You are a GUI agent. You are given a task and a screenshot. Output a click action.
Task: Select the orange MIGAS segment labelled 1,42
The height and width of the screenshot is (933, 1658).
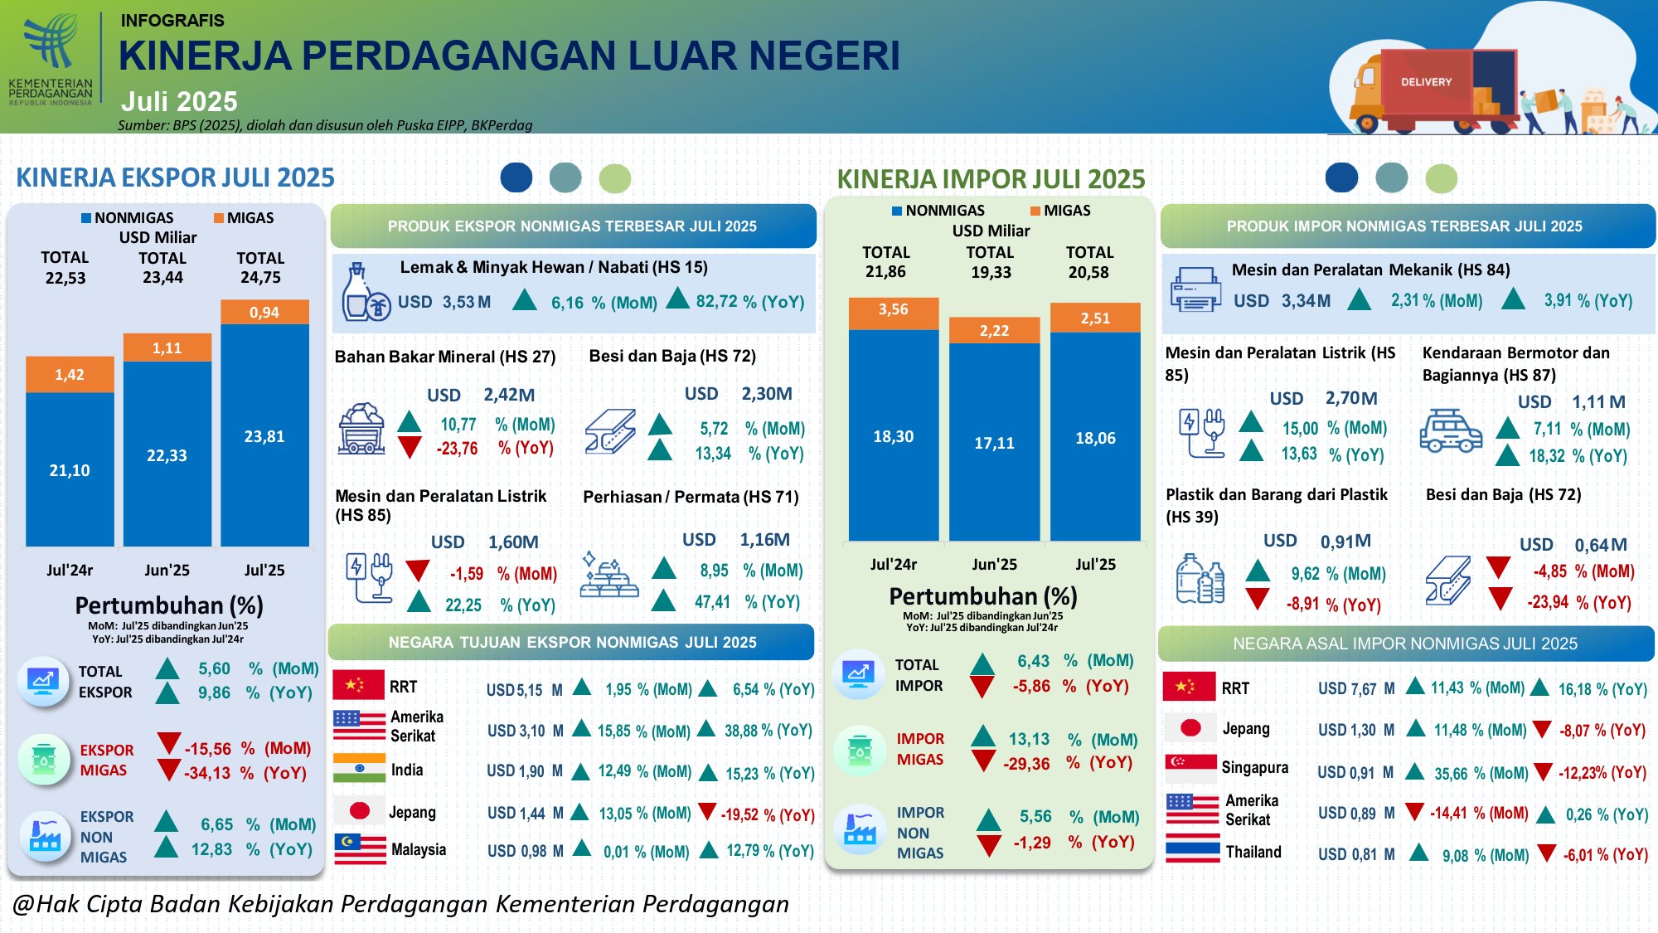point(70,374)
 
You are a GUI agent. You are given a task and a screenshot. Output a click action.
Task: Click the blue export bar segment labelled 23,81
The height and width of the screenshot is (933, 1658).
point(264,435)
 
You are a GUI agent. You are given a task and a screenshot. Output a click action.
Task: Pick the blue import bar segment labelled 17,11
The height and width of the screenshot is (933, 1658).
point(994,442)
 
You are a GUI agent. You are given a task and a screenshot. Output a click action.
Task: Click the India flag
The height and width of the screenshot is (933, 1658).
point(359,769)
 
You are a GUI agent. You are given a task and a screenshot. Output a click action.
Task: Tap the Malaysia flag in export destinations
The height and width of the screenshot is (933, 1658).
point(359,849)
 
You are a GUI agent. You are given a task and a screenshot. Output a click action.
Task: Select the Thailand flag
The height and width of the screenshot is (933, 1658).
point(1192,853)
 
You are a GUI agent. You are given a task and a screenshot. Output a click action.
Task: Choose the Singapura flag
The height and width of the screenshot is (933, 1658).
point(1190,768)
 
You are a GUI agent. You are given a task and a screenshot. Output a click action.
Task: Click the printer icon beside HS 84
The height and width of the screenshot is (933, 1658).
point(1195,290)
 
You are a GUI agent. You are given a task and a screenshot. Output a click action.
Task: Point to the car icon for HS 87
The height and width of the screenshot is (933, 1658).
point(1450,430)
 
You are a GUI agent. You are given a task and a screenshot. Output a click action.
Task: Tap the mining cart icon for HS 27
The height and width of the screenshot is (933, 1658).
point(361,429)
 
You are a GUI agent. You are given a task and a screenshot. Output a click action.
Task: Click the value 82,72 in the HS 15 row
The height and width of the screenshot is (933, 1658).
point(717,301)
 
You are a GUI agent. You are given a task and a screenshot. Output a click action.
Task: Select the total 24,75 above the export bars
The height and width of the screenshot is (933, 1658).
point(260,278)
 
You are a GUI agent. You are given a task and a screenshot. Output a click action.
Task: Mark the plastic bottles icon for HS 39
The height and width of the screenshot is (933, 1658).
point(1200,579)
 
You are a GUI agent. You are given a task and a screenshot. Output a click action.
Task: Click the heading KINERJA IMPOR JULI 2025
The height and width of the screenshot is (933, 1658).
point(991,179)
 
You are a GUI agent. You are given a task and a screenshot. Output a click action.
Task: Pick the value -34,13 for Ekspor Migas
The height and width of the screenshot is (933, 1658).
point(207,773)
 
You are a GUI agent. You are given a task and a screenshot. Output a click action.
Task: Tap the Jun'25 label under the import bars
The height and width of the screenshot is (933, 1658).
point(994,565)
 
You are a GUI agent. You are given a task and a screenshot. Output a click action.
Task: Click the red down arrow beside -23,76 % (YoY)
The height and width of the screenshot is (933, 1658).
point(409,448)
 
